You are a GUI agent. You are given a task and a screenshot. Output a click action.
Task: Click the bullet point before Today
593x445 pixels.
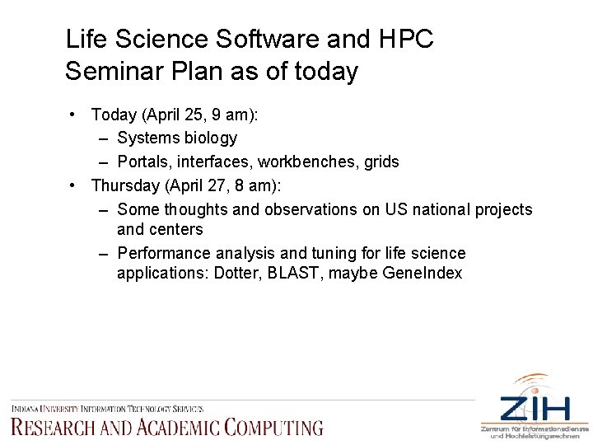[x=74, y=114]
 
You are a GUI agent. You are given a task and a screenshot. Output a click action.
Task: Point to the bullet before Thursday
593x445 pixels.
[x=74, y=186]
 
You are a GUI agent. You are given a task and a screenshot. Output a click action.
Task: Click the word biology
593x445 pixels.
[x=209, y=138]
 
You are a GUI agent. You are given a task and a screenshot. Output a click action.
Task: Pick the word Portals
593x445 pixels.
[x=144, y=162]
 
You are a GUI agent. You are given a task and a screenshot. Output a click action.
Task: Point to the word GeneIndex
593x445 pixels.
[x=423, y=273]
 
